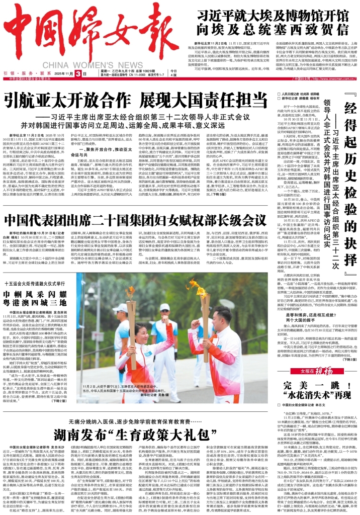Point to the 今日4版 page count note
tap(173, 73)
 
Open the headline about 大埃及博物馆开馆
tap(274, 22)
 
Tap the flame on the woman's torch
tap(130, 292)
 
